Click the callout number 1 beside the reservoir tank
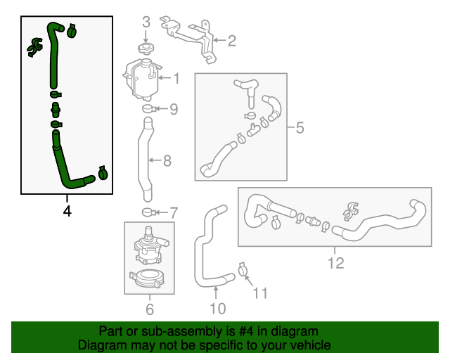coord(176,79)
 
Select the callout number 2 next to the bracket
coord(231,41)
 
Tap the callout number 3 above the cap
coord(146,22)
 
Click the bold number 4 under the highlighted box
coord(67,210)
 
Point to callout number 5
coord(300,128)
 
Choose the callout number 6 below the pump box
coord(149,309)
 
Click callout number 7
coord(174,212)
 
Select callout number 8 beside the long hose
coord(167,161)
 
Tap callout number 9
coord(174,109)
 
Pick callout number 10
coord(217,308)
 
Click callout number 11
coord(260,293)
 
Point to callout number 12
coord(335,263)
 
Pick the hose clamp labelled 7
coord(149,212)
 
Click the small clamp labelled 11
coord(243,269)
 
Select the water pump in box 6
coord(148,243)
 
